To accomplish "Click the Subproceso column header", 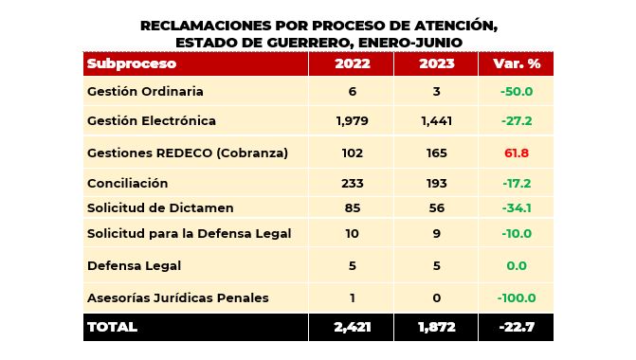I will click(131, 63).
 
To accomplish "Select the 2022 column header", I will click(352, 63).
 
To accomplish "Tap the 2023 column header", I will click(436, 63).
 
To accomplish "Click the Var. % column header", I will click(517, 63).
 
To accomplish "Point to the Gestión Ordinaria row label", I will click(145, 92).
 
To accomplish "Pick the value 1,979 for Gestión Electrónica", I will click(352, 121).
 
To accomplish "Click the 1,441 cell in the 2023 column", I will click(436, 121).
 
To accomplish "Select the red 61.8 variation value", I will click(517, 153).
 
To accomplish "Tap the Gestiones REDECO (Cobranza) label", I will click(187, 153).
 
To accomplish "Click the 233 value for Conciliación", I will click(352, 183).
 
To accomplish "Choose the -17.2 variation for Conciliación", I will click(517, 183).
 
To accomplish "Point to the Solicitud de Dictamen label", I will click(159, 207).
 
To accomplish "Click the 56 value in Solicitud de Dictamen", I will click(436, 207).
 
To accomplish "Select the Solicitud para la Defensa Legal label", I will click(189, 233).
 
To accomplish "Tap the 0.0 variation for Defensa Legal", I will click(517, 266).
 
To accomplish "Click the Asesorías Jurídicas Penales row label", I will click(177, 297).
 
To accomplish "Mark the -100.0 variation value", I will click(517, 297).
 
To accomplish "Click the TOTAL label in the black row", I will click(112, 327).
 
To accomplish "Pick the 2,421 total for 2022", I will click(352, 327).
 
